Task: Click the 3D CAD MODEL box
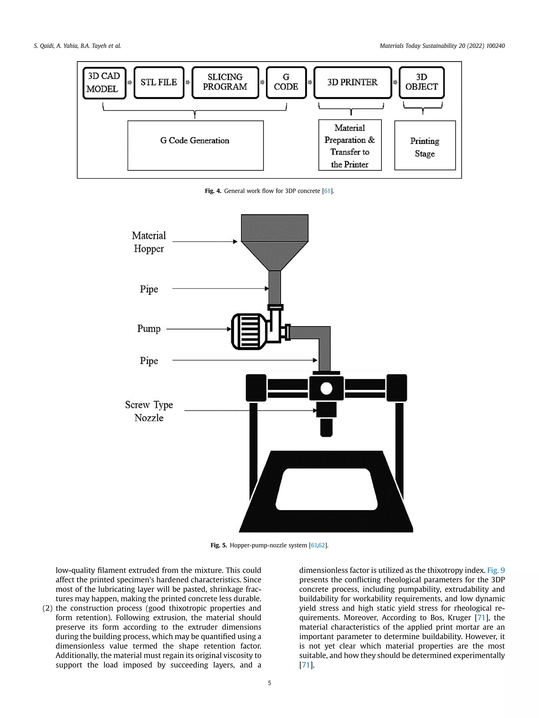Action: pos(104,83)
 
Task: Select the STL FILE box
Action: pos(159,83)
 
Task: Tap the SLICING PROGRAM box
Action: pos(225,83)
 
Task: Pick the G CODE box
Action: pos(286,83)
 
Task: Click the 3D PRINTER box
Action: pos(352,83)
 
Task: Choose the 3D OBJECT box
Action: pos(421,83)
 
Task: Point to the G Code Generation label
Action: pos(195,141)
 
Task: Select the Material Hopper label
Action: pos(149,242)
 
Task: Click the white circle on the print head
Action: pos(326,388)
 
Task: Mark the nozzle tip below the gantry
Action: pos(326,428)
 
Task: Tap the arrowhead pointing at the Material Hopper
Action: pos(235,242)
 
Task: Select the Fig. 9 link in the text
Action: pos(496,570)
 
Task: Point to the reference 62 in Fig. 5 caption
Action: pos(322,545)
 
